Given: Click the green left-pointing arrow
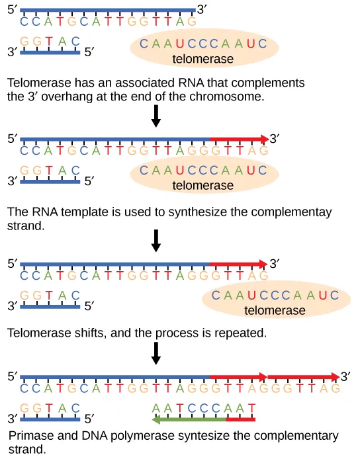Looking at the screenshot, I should [x=188, y=419].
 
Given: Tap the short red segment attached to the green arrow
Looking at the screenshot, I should [x=240, y=419].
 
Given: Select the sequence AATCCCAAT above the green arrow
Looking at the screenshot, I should [x=202, y=408].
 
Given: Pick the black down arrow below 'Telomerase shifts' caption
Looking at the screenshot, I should [x=156, y=353].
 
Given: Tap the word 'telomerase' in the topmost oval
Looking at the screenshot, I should [x=203, y=60].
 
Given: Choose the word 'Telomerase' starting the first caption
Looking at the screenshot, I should [x=38, y=83].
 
